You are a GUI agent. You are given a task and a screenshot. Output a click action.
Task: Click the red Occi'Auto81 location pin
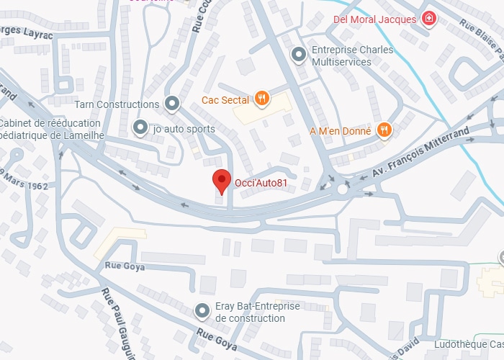(222, 180)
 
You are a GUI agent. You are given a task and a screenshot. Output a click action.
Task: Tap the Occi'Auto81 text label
(261, 183)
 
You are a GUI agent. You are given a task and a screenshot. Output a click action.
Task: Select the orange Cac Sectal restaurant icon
(261, 100)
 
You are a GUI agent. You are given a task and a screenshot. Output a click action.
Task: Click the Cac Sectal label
(225, 100)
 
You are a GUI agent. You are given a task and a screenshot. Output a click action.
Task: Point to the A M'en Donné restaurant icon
(384, 130)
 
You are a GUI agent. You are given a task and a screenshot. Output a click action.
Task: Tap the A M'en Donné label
(341, 131)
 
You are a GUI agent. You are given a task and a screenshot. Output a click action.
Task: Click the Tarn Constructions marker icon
(171, 104)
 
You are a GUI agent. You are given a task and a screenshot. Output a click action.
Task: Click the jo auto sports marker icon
(140, 129)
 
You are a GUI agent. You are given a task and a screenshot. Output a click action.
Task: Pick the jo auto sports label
(184, 130)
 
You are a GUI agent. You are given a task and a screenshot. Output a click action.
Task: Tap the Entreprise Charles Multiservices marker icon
(298, 54)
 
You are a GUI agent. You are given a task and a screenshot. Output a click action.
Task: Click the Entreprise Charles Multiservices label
(352, 55)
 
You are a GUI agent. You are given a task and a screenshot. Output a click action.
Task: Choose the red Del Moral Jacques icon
(429, 19)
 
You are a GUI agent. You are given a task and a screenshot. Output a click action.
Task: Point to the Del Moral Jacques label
(375, 19)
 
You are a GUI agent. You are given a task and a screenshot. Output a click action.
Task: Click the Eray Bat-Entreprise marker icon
(203, 311)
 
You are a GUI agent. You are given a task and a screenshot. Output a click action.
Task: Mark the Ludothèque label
(467, 344)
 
